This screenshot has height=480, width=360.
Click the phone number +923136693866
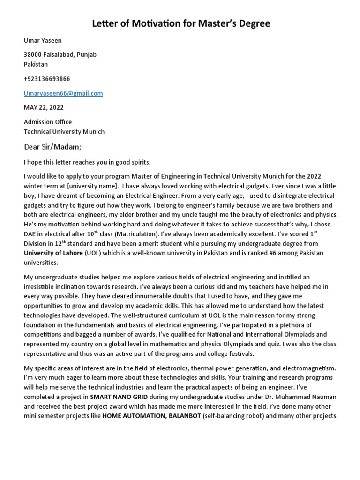click(x=47, y=79)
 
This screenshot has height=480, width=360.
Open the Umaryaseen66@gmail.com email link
click(x=63, y=93)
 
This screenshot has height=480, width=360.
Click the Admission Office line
click(x=48, y=122)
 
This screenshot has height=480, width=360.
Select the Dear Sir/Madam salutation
click(x=52, y=147)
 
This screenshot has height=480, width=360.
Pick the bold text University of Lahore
click(x=53, y=253)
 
